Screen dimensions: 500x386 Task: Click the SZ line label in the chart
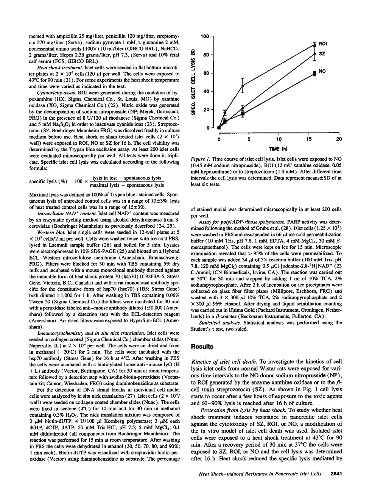click(322, 54)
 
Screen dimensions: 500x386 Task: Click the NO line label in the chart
click(323, 71)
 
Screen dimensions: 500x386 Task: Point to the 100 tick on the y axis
click(204, 36)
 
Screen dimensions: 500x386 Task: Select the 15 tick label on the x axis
click(309, 139)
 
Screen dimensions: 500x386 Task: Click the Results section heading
click(202, 346)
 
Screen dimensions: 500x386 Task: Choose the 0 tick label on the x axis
click(219, 139)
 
